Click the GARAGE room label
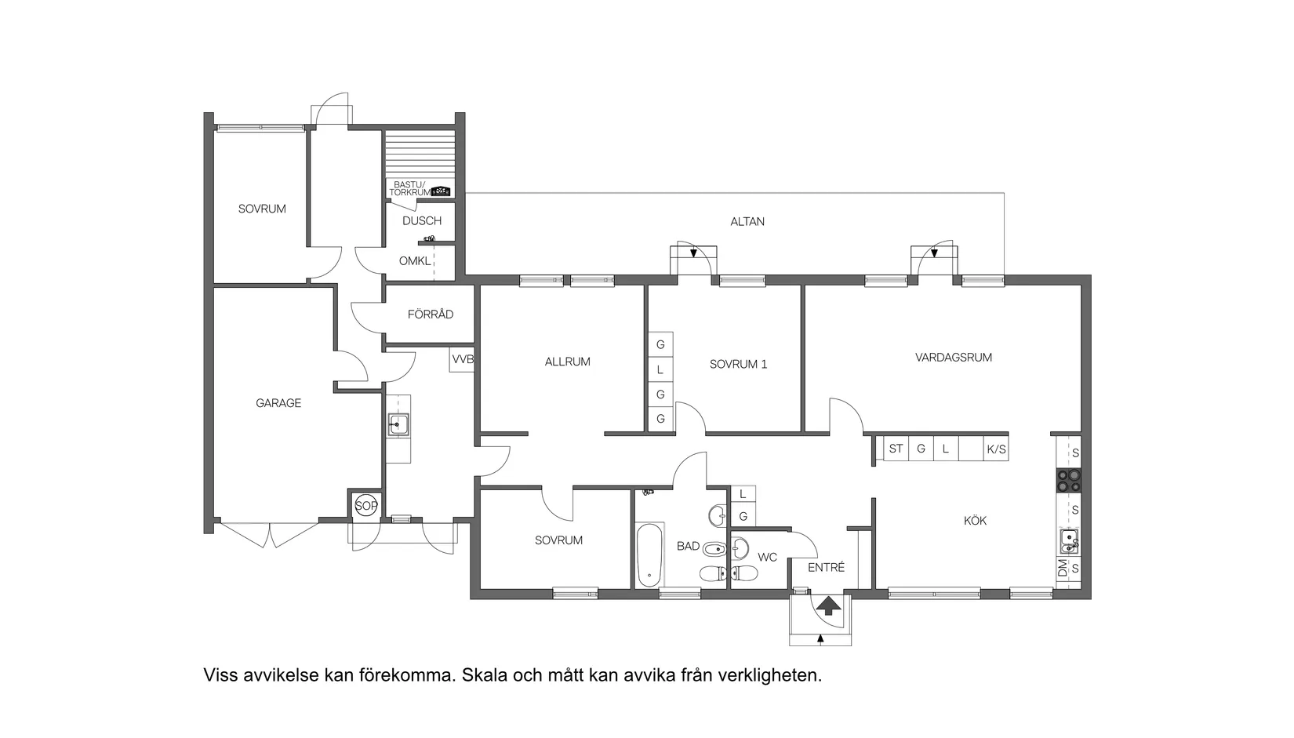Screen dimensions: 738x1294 pyautogui.click(x=278, y=403)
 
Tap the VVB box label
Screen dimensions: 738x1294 pyautogui.click(x=463, y=359)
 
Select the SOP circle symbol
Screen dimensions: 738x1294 pyautogui.click(x=365, y=506)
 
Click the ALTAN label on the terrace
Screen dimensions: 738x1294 pyautogui.click(x=747, y=221)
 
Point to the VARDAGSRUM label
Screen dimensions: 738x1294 pyautogui.click(x=953, y=358)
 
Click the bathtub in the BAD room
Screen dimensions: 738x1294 pyautogui.click(x=649, y=556)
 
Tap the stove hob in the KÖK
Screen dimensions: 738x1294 pyautogui.click(x=1068, y=480)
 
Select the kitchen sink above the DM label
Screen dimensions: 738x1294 pyautogui.click(x=1068, y=539)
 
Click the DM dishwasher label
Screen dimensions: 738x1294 pyautogui.click(x=1063, y=569)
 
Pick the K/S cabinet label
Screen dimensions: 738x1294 pyautogui.click(x=996, y=449)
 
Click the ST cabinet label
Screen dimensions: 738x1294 pyautogui.click(x=896, y=449)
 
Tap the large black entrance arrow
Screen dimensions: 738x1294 pyautogui.click(x=827, y=605)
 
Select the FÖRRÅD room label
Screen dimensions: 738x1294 pyautogui.click(x=430, y=314)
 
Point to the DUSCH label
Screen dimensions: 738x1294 pyautogui.click(x=422, y=221)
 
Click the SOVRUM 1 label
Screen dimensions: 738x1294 pyautogui.click(x=738, y=364)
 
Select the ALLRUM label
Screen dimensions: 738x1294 pyautogui.click(x=567, y=362)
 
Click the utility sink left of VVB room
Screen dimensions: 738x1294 pyautogui.click(x=398, y=426)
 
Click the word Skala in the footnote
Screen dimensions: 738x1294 pyautogui.click(x=484, y=674)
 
